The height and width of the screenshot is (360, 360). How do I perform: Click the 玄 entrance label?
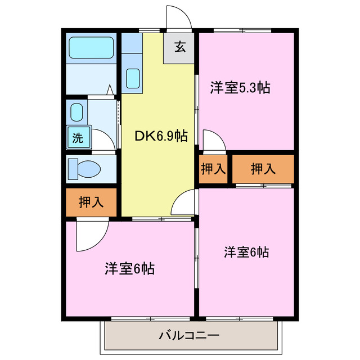coord(179,48)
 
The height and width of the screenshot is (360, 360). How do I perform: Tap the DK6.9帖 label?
coord(160,136)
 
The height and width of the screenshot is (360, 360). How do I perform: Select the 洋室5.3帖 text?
coord(240,88)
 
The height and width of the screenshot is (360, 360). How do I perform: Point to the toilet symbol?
coord(83,168)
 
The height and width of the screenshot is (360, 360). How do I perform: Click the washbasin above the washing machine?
coord(77,112)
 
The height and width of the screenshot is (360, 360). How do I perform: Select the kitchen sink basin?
coord(133,78)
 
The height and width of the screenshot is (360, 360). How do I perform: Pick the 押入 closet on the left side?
coord(91,202)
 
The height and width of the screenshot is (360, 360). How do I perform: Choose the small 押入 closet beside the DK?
coord(213,169)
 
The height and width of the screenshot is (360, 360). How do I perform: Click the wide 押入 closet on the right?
coord(263,169)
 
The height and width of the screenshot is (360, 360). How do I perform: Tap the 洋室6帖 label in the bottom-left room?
coord(129,269)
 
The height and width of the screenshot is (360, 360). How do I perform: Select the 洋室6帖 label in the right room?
coord(246,251)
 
